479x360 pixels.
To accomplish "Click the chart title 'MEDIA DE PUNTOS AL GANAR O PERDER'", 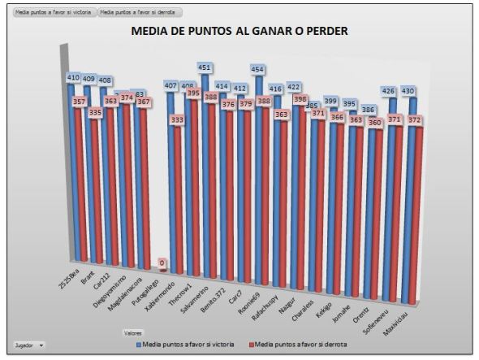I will (x=239, y=32).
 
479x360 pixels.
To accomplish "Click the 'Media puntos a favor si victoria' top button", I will (x=50, y=13).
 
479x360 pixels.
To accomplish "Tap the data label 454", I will (x=259, y=69).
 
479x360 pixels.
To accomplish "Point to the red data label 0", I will (x=162, y=262).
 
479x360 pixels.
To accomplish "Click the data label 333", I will (x=178, y=119).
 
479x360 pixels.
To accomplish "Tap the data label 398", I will (x=300, y=99).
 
